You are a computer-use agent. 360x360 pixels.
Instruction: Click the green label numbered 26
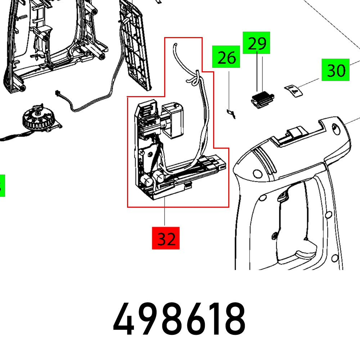(226, 57)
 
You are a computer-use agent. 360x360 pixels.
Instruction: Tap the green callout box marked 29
(256, 43)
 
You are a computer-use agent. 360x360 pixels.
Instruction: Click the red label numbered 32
(166, 238)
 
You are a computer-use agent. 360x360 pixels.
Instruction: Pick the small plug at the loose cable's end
(57, 93)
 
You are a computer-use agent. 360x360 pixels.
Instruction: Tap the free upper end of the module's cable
(175, 45)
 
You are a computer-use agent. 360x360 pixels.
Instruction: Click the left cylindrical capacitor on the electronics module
(145, 180)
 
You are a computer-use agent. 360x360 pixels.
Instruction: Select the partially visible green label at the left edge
(2, 185)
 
